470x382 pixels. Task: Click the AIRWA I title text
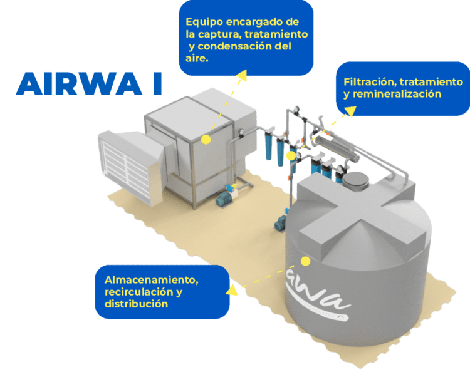[88, 83]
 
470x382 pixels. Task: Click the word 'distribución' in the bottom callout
[136, 304]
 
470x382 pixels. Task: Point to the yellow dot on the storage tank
[306, 261]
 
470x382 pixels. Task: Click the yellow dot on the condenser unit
[206, 138]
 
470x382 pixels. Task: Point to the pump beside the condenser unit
[225, 199]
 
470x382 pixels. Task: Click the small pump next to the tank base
[279, 223]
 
